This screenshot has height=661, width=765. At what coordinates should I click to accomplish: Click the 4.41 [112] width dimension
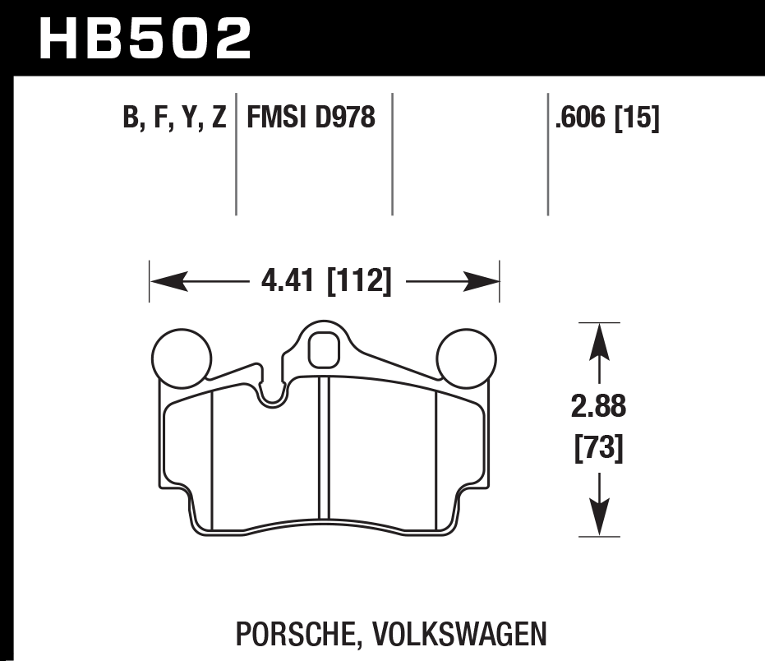pos(325,282)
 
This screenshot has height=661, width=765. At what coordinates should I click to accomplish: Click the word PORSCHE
pos(293,634)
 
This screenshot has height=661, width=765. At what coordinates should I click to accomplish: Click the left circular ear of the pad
pos(182,357)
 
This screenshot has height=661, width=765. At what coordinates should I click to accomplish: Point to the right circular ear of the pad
pos(467,357)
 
